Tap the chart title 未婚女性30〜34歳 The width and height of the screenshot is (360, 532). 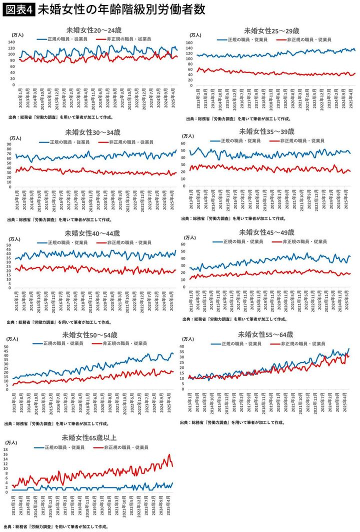(92, 132)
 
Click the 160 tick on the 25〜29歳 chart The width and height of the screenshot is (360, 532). (189, 43)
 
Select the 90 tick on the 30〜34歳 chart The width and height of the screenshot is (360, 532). (9, 145)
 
